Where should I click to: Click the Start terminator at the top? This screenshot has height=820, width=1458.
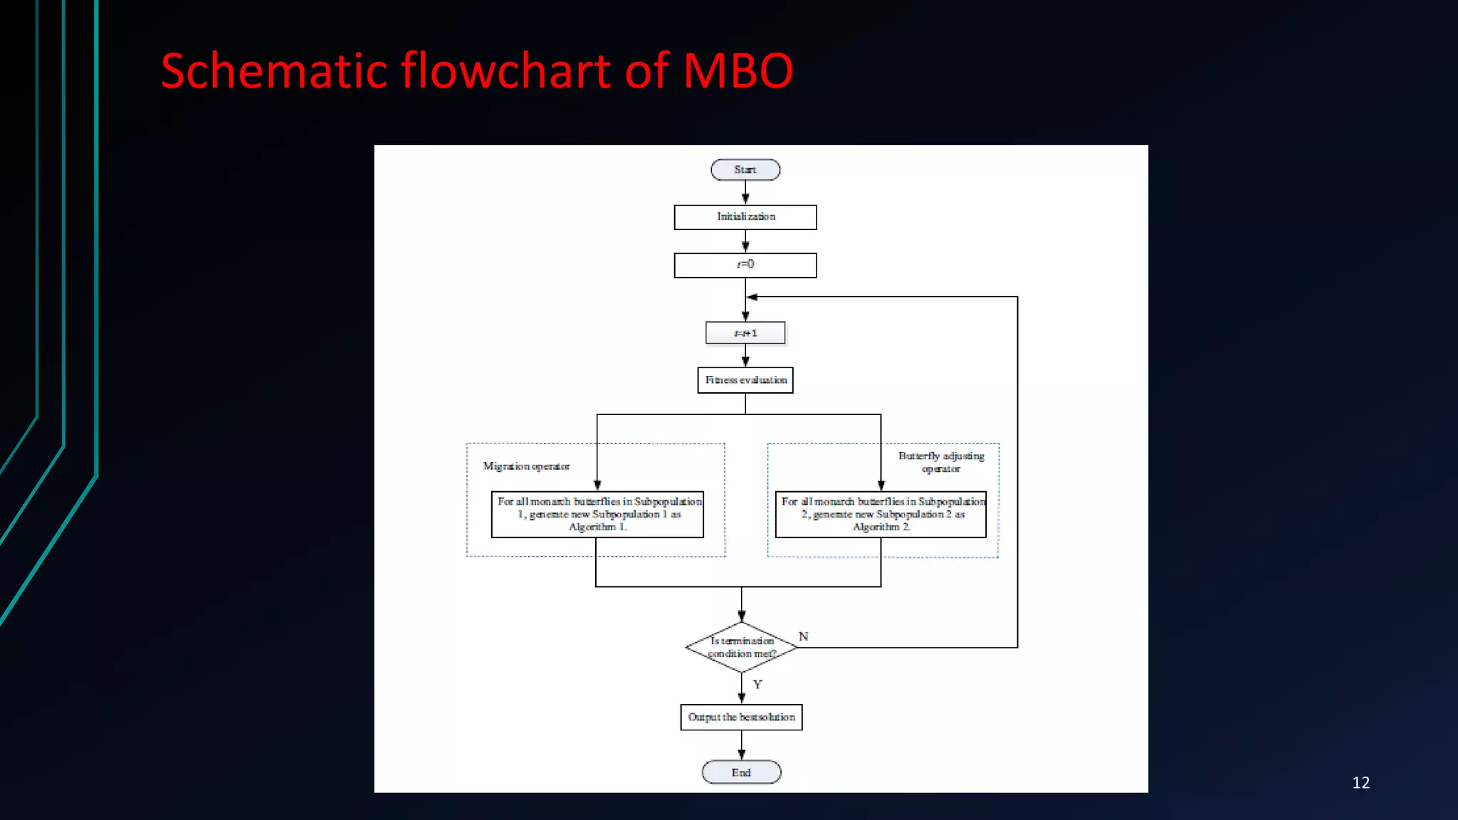pos(745,169)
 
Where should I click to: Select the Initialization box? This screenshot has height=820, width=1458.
pos(745,217)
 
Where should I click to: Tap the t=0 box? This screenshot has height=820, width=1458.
pos(745,265)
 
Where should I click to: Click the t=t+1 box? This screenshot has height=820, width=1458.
pos(745,333)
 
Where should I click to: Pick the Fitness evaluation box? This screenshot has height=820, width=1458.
pos(745,380)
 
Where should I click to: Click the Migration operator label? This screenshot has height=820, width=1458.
pos(526,466)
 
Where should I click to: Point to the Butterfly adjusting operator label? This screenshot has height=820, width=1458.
pos(941,462)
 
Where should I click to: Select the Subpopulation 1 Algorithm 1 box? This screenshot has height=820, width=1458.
pos(597,514)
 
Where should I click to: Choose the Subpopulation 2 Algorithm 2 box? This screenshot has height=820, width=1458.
pos(881,514)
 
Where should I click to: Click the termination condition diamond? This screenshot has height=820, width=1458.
pos(741,647)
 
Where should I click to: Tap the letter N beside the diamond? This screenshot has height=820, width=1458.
pos(803,636)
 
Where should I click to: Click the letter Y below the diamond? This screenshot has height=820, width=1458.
pos(757,684)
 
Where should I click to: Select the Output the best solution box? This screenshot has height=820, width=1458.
pos(741,717)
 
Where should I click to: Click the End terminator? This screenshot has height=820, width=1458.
pos(741,772)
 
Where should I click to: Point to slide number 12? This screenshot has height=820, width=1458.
pos(1360,783)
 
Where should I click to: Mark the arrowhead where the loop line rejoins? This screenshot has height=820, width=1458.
pos(752,297)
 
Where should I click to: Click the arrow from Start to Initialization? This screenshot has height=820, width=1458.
pos(745,193)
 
